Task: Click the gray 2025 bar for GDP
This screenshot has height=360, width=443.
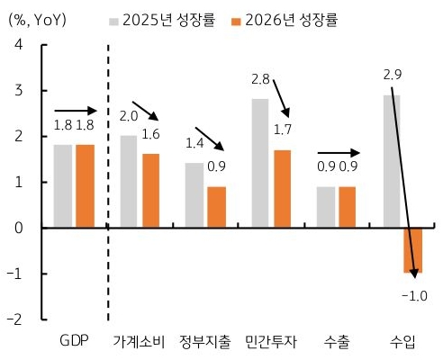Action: (63, 185)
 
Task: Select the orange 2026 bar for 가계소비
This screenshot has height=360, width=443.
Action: (151, 190)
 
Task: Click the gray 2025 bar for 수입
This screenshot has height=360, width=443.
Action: (391, 160)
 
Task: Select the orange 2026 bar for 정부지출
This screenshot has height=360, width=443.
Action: (216, 206)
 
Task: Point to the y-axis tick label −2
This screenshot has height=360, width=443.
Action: (16, 319)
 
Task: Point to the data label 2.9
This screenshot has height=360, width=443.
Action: (393, 75)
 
